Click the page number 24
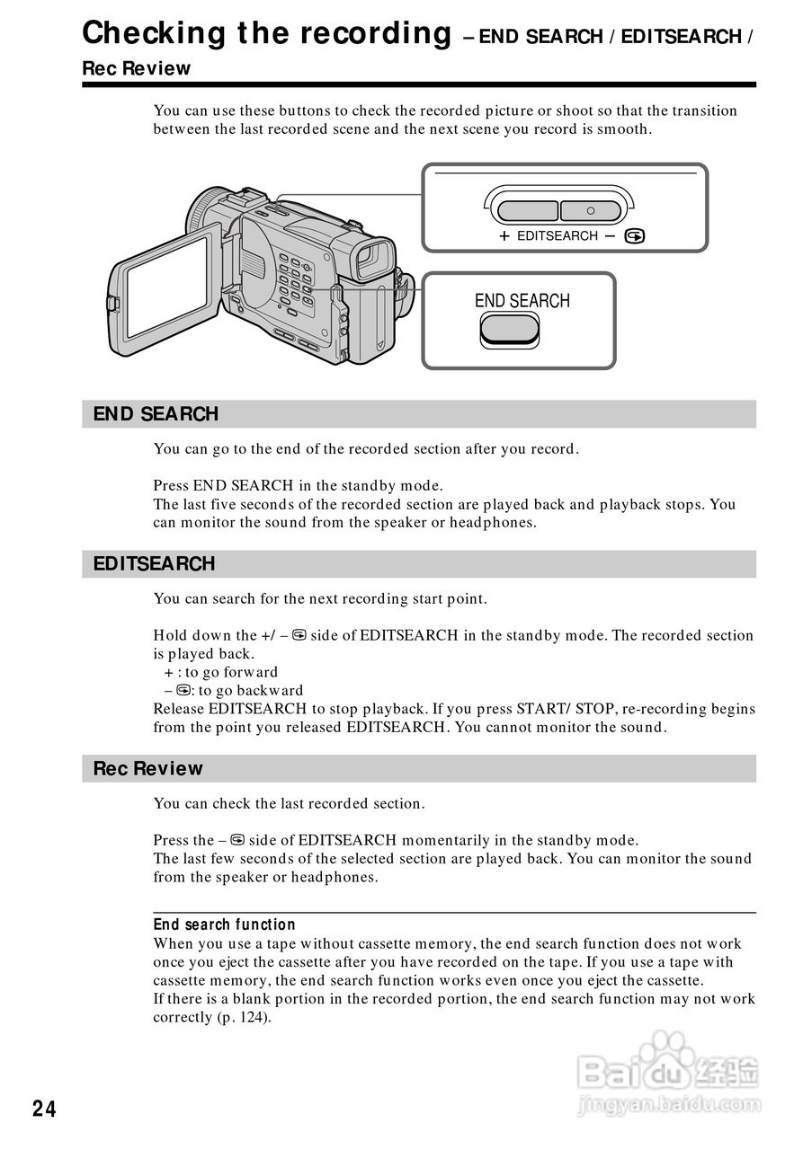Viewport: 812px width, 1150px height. [x=44, y=1110]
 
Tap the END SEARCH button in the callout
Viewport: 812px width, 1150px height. [x=510, y=330]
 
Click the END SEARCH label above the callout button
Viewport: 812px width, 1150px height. [x=522, y=301]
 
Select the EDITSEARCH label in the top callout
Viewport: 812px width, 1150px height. [x=558, y=235]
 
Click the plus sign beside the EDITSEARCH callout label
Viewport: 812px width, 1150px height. [x=504, y=235]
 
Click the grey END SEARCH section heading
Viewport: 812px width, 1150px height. [x=156, y=414]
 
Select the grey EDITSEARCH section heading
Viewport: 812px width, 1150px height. [x=155, y=564]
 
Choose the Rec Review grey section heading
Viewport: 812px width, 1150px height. [x=148, y=769]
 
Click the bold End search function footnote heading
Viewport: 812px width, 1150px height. [x=224, y=924]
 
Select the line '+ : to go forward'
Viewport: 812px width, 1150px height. [x=221, y=672]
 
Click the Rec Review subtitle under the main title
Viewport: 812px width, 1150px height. [x=136, y=68]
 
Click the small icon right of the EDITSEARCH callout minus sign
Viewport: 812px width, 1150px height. [x=635, y=236]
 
